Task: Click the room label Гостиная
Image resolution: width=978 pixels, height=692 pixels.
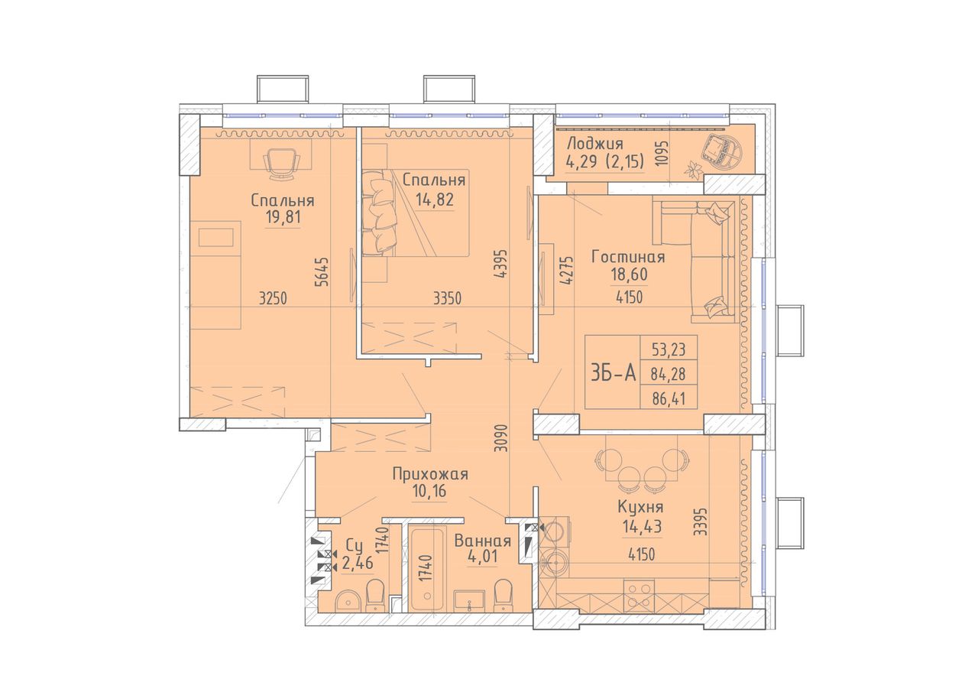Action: (628, 257)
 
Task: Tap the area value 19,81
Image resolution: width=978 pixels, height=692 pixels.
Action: (283, 217)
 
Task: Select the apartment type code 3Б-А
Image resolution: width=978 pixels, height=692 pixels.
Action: (613, 373)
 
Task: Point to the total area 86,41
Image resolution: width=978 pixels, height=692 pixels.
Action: (669, 398)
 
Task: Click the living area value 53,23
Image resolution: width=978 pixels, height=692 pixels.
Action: (669, 349)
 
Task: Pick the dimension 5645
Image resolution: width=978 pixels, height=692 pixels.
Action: (322, 271)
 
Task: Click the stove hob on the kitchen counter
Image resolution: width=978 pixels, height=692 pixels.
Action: (639, 595)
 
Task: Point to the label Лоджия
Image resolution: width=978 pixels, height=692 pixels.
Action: (594, 144)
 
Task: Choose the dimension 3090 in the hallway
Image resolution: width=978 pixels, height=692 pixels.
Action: (503, 437)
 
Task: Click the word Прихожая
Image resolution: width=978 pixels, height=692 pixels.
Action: (430, 474)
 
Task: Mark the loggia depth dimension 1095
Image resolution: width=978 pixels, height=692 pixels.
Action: (662, 152)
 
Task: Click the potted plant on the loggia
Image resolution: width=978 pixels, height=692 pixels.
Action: (693, 170)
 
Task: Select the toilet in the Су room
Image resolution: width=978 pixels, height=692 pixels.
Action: (375, 596)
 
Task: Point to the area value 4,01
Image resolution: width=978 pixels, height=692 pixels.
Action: (481, 557)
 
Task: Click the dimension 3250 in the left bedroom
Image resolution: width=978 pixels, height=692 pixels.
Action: (273, 299)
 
